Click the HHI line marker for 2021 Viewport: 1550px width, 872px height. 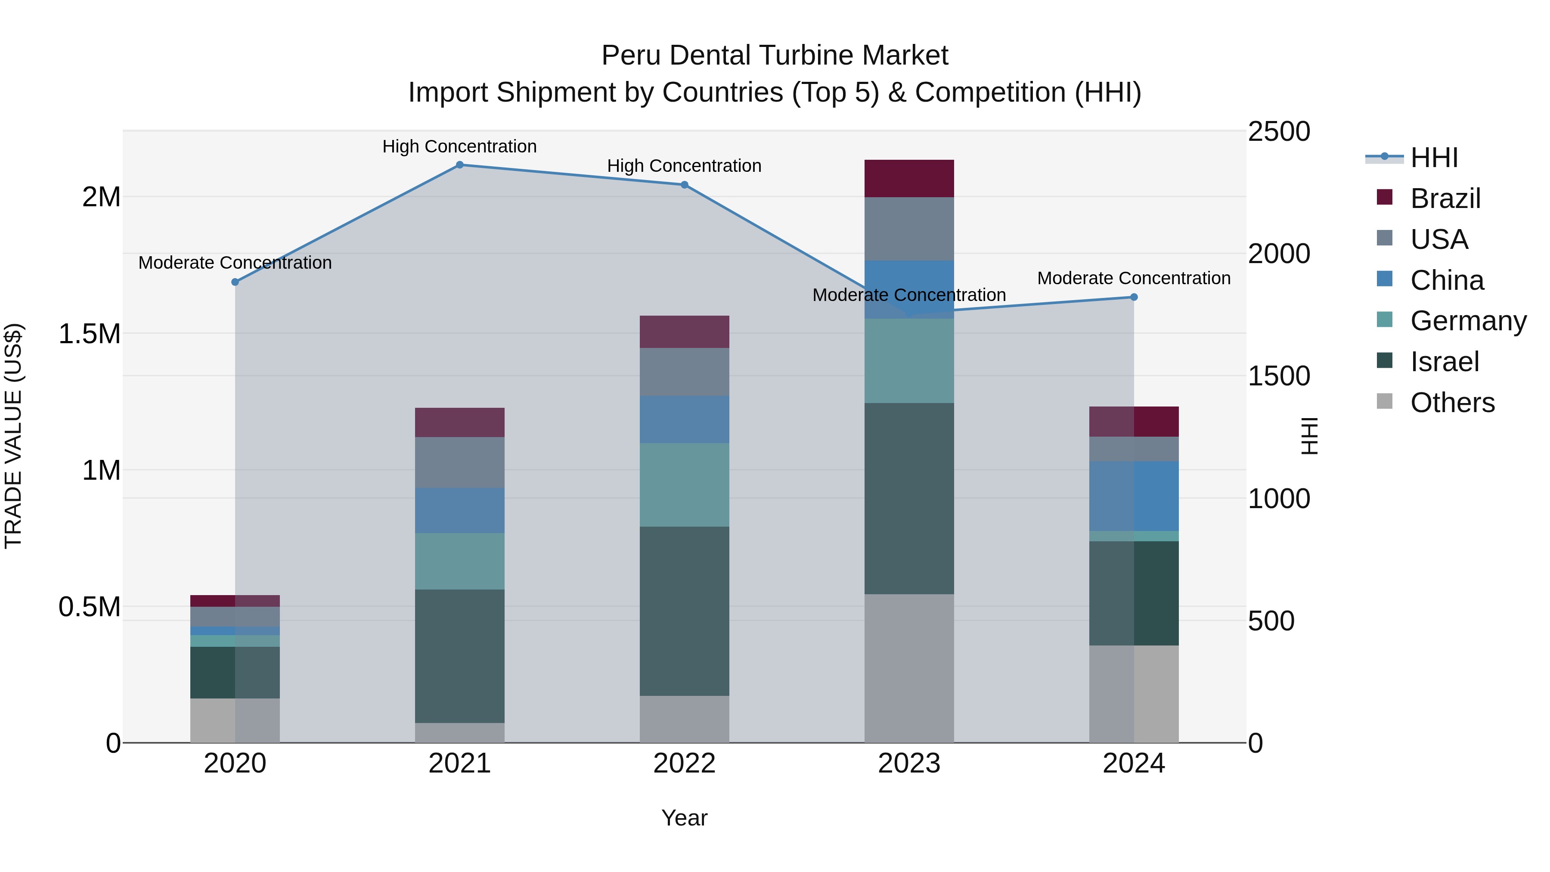click(x=460, y=165)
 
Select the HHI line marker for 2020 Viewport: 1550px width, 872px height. click(x=235, y=282)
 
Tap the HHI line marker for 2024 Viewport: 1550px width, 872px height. click(x=1134, y=297)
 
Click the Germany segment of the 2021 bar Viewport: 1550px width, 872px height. click(x=460, y=561)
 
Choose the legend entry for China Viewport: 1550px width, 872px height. click(x=1447, y=280)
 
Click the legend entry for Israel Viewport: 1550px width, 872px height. click(x=1444, y=362)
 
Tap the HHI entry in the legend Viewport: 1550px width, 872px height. click(x=1434, y=158)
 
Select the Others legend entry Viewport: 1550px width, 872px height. click(x=1452, y=403)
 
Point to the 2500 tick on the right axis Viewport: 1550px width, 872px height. click(x=1279, y=132)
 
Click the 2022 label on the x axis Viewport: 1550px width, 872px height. click(x=684, y=763)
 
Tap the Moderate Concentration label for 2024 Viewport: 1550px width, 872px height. click(x=1134, y=278)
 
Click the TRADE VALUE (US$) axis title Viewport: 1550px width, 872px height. click(x=13, y=436)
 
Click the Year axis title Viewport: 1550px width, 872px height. click(x=684, y=818)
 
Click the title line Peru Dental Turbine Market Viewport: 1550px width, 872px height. click(x=775, y=56)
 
